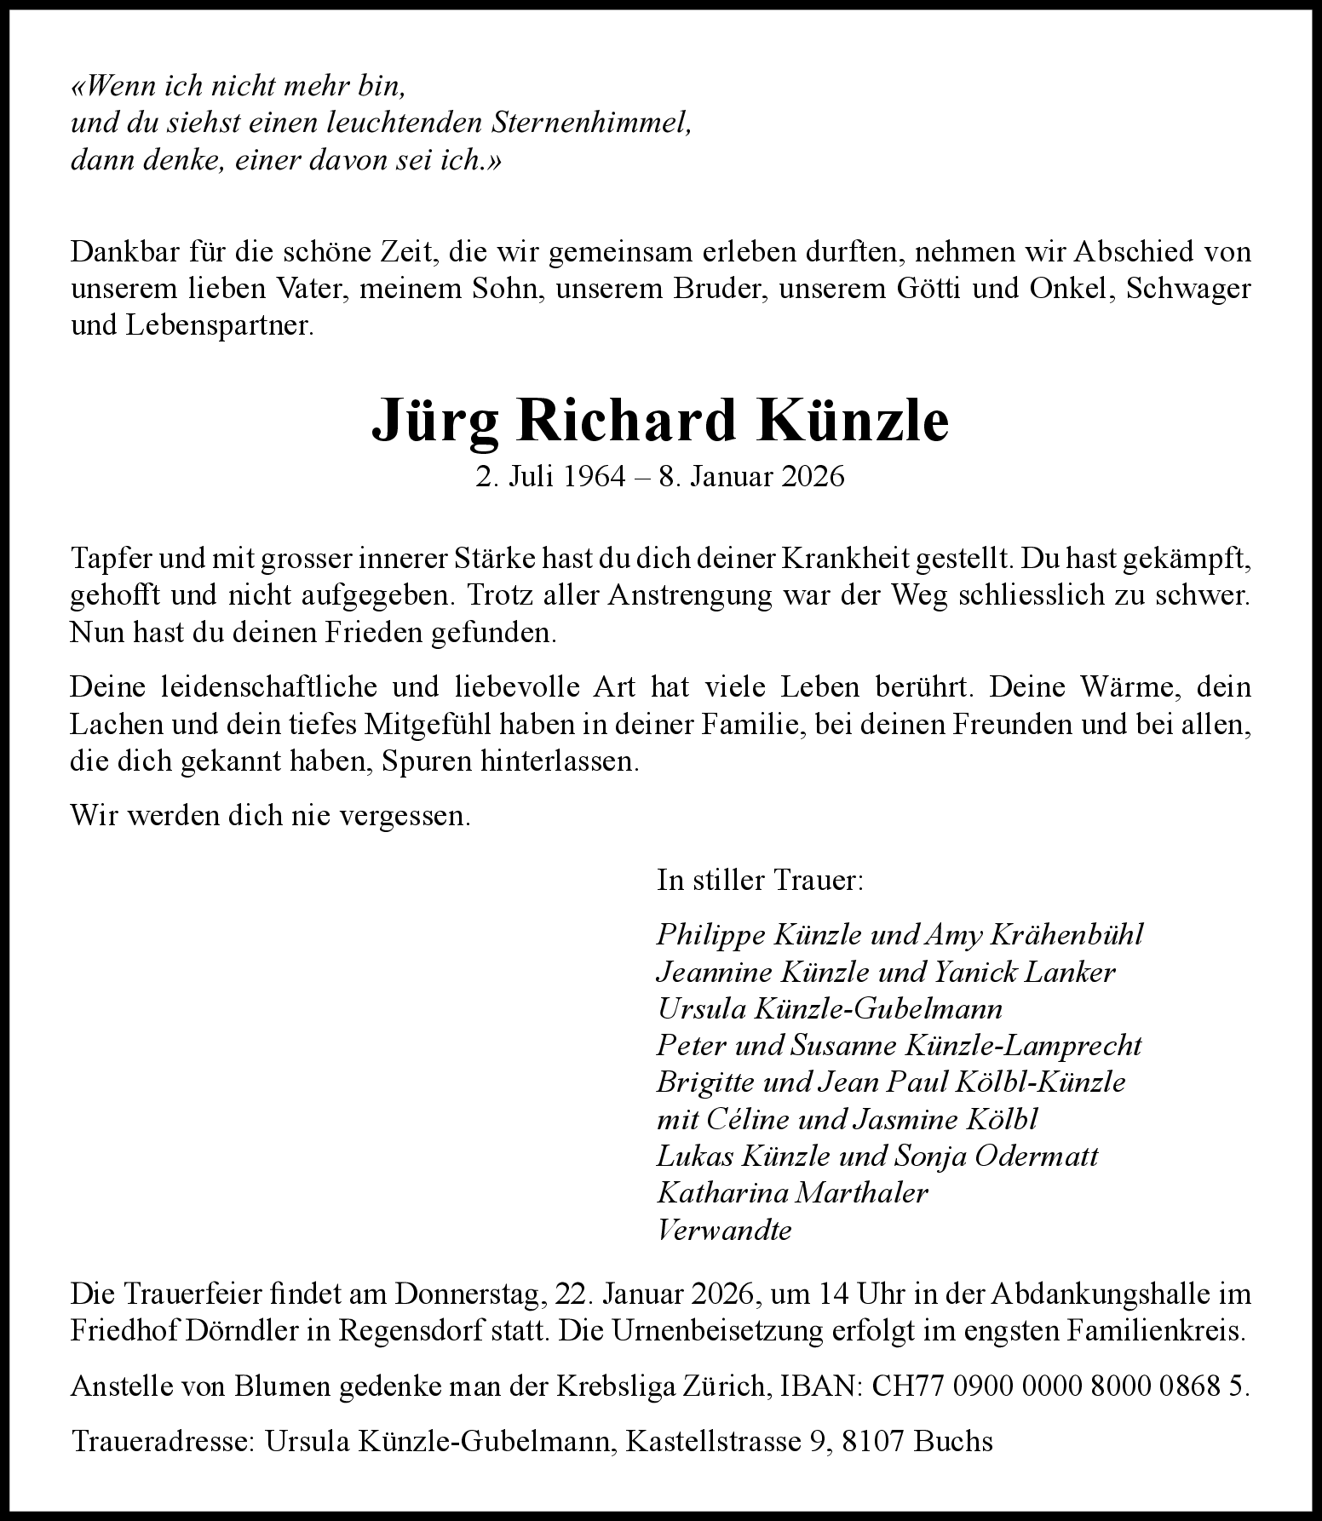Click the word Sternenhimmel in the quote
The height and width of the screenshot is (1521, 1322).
coord(590,123)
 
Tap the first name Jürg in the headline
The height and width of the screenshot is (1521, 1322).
coord(434,420)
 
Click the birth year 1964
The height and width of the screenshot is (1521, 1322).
coord(594,476)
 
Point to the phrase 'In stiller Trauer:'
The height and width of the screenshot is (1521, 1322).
coord(760,880)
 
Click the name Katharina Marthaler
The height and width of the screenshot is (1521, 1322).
coord(792,1192)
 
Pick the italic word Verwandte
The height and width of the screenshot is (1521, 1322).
coord(724,1230)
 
